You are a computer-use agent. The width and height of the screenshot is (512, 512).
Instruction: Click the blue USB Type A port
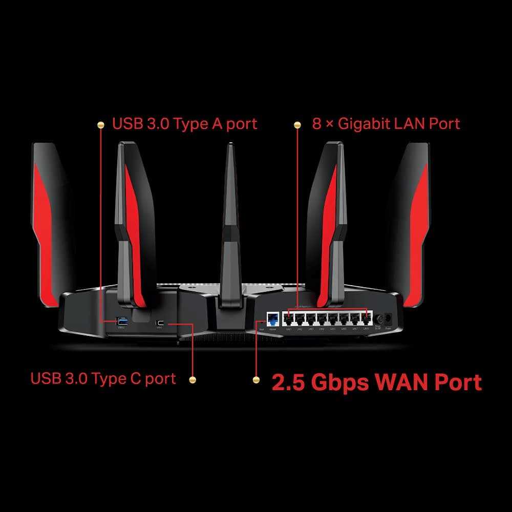point(121,321)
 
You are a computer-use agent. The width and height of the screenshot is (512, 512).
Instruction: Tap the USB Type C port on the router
point(160,323)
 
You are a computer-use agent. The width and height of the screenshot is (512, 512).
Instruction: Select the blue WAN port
point(272,320)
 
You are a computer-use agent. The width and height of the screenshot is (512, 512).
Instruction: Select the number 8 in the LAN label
point(317,123)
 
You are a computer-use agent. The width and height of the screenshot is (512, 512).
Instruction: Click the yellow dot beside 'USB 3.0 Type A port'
point(100,124)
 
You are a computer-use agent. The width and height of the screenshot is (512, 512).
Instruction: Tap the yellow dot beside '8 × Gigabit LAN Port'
point(297,124)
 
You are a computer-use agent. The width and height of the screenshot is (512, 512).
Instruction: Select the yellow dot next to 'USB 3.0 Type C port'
point(193,379)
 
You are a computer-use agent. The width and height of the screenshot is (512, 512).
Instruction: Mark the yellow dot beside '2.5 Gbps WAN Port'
point(256,380)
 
